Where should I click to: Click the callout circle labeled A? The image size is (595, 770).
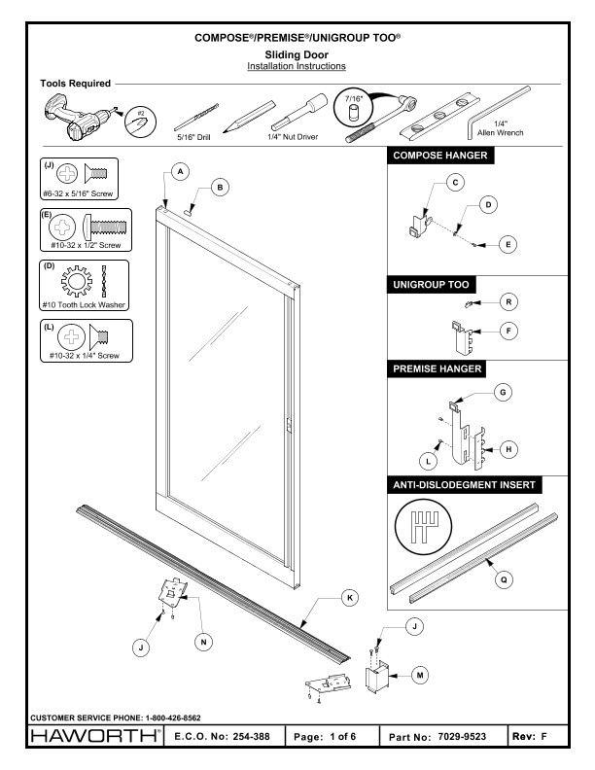pos(178,169)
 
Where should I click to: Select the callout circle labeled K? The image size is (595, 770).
pos(348,599)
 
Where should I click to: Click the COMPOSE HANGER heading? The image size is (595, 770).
pos(437,156)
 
